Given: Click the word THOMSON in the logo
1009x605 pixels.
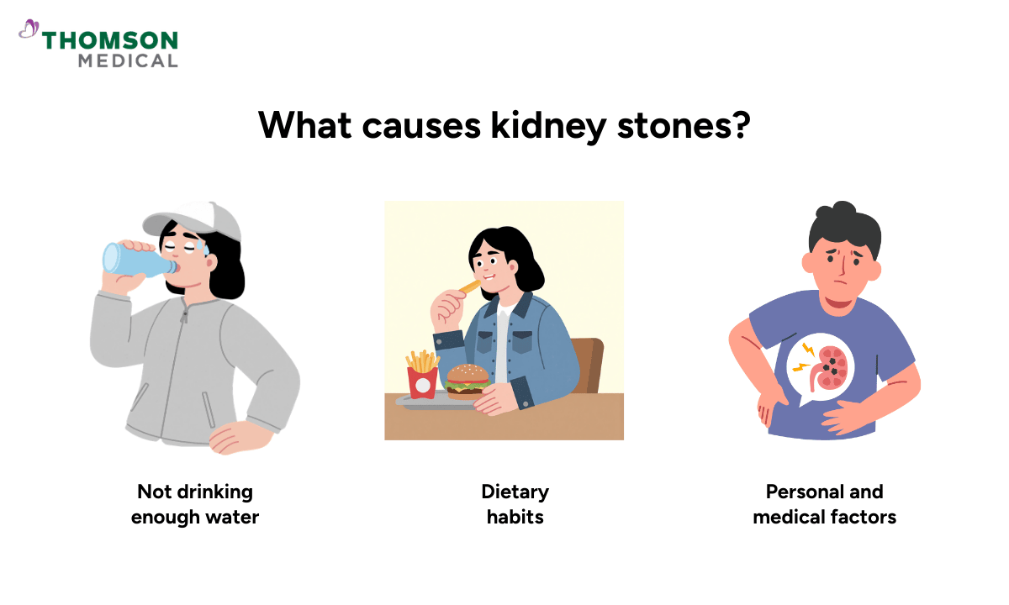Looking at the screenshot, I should point(110,40).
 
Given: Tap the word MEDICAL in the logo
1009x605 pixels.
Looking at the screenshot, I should point(128,60).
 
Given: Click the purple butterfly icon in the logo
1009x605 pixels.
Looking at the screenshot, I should point(29,30).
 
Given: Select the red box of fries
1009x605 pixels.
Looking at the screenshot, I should point(422,380).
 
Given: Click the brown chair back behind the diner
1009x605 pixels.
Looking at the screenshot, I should point(589,361).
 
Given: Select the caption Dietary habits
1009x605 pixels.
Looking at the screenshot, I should point(515,503).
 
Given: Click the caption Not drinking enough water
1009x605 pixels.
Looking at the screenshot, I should point(195,503).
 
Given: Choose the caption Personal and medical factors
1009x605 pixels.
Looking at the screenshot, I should point(824,503).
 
